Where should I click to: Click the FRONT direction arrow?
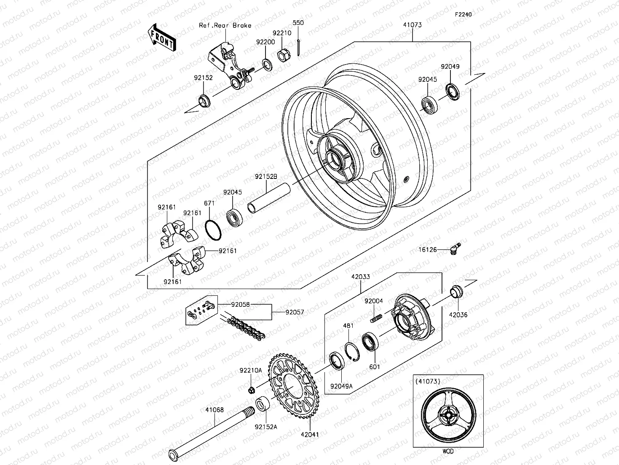point(162,38)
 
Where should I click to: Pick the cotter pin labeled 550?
point(298,47)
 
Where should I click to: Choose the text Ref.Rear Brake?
point(225,25)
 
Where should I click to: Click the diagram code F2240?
point(463,14)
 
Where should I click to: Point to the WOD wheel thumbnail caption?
point(448,451)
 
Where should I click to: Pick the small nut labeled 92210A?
point(251,389)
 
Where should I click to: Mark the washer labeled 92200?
point(266,65)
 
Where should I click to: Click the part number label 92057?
point(295,312)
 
